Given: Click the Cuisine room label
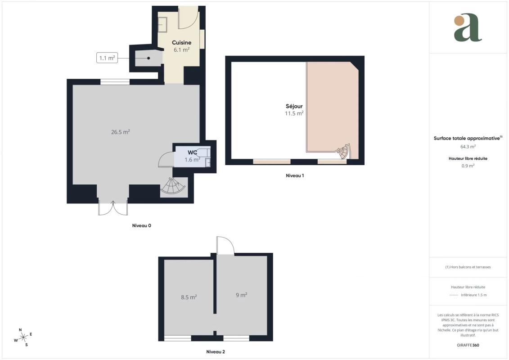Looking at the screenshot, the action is pos(181,42).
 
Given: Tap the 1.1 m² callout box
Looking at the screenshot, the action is pos(107,58).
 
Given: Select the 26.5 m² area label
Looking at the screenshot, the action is pos(121,132).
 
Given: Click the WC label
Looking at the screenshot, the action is pos(192,153).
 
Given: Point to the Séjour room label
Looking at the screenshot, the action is pos(294,106).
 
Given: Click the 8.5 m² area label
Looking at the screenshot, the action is pos(189,297).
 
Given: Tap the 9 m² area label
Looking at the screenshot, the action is pos(242,295).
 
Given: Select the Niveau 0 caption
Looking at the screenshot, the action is pos(141,225).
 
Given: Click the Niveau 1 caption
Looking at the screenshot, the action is pos(295,175).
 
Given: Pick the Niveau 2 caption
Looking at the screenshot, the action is pos(216,351).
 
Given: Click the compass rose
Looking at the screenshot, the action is pos(23,337).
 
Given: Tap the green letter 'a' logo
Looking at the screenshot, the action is pos(468,27).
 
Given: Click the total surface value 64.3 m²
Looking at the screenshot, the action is pos(468,146).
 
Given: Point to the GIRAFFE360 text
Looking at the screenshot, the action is pos(468,345).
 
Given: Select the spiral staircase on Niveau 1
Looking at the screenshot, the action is pos(343,151).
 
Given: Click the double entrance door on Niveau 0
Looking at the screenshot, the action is pos(113,208).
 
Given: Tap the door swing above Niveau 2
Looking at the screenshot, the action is pos(225,245).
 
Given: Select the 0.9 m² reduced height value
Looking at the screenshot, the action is pos(468,166).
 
